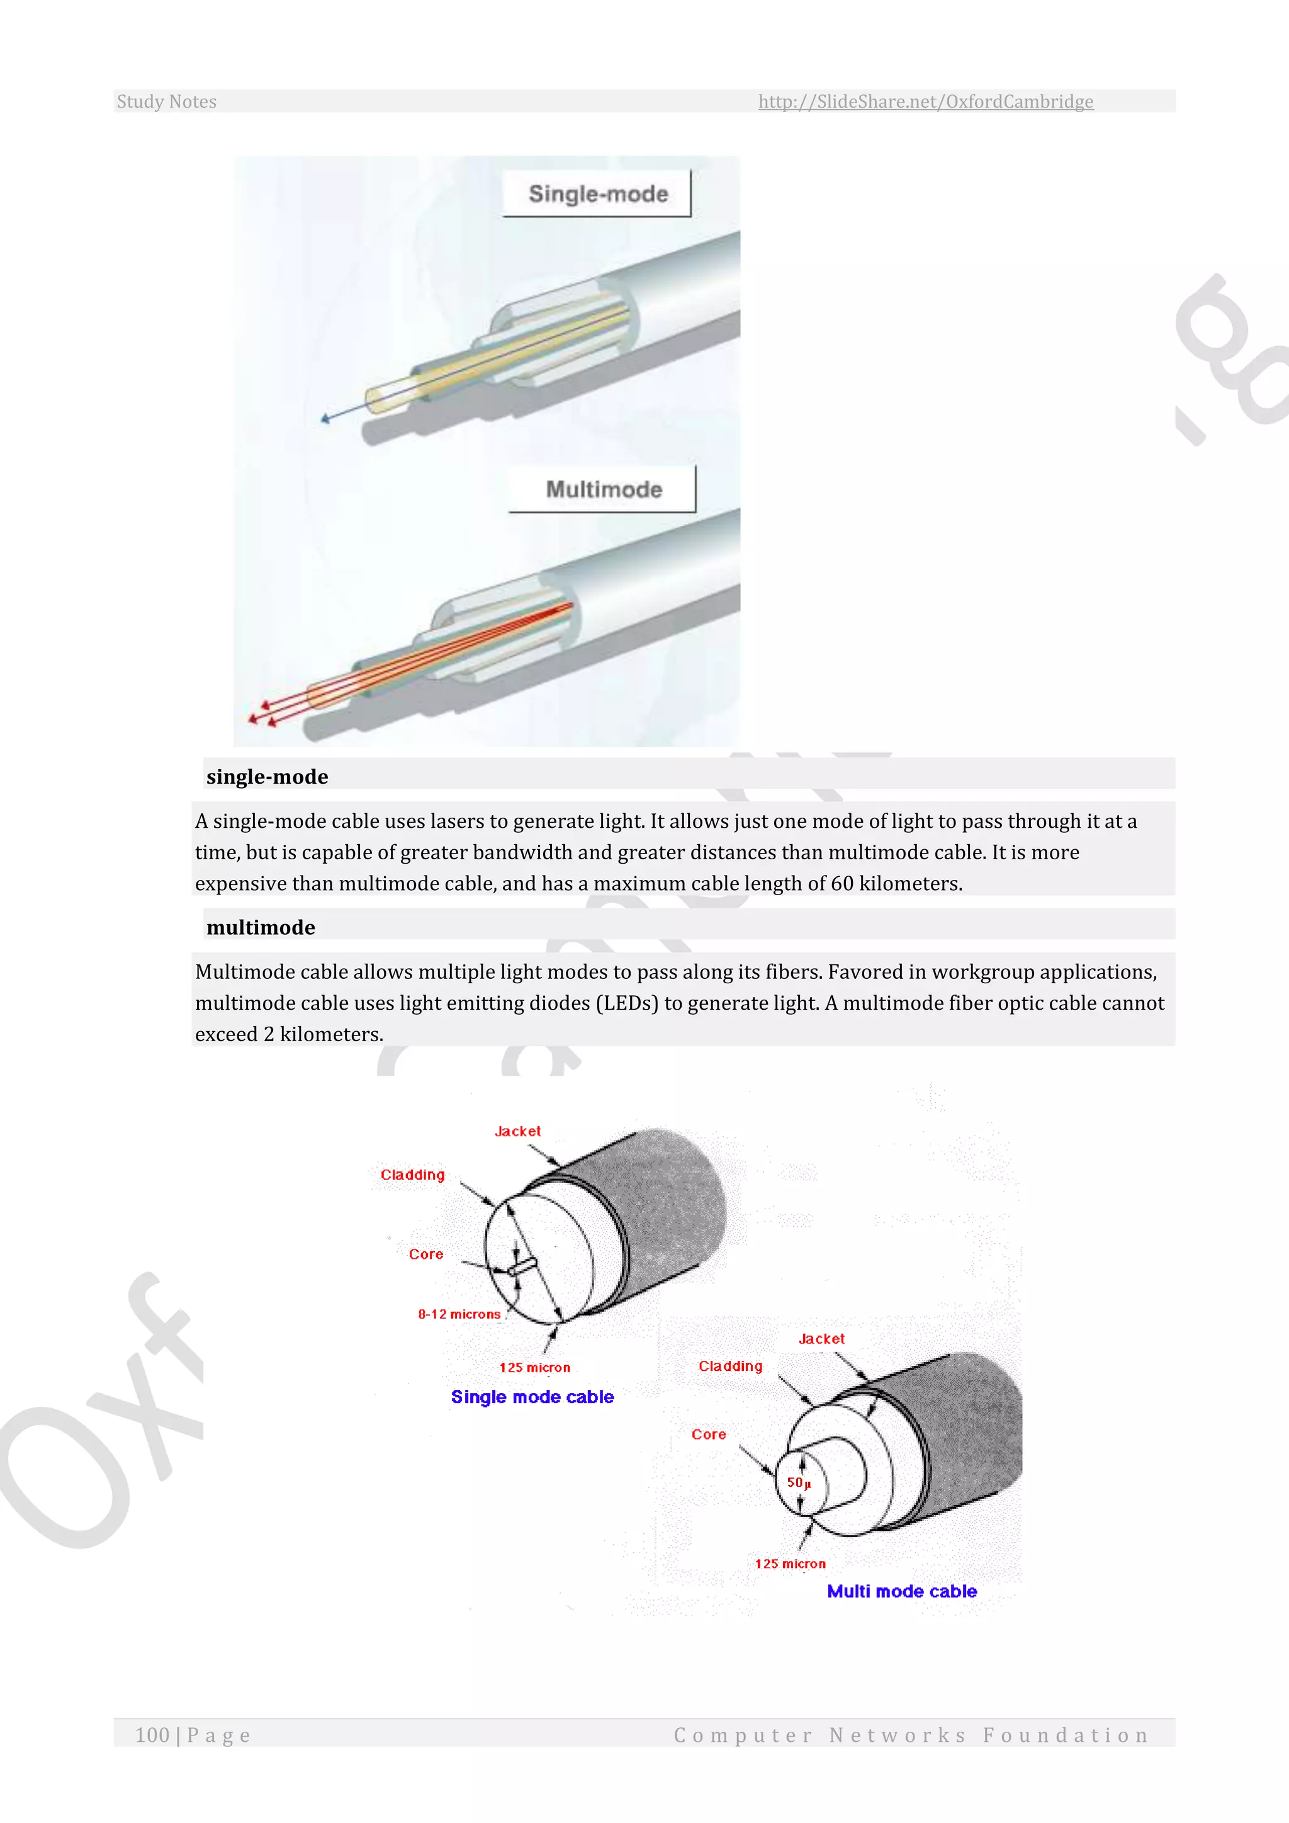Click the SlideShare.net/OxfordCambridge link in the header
click(925, 101)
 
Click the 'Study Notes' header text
click(167, 101)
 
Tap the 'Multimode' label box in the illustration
click(603, 489)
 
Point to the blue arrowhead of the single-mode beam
click(325, 419)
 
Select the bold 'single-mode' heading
click(267, 777)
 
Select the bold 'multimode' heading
click(261, 927)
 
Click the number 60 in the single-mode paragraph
click(842, 884)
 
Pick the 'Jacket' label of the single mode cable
click(517, 1131)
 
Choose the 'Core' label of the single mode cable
click(426, 1255)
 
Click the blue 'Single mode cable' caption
click(532, 1397)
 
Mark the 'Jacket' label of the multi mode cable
click(821, 1339)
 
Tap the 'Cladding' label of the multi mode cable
click(730, 1365)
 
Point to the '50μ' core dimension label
click(799, 1482)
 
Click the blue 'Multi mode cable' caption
click(902, 1591)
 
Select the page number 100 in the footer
click(152, 1735)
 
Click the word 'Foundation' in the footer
click(1066, 1735)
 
